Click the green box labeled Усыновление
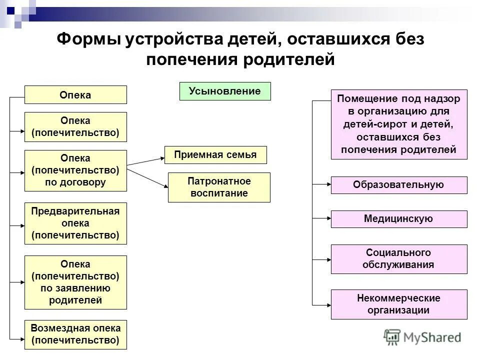pyautogui.click(x=225, y=91)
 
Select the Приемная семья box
pyautogui.click(x=215, y=155)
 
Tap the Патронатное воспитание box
pyautogui.click(x=219, y=187)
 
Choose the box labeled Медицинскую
pyautogui.click(x=399, y=219)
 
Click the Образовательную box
pyautogui.click(x=399, y=185)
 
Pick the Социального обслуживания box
pyautogui.click(x=399, y=259)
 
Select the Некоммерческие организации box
pyautogui.click(x=399, y=304)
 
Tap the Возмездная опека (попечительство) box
pyautogui.click(x=75, y=334)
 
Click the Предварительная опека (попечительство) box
pyautogui.click(x=75, y=223)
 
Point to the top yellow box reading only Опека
pyautogui.click(x=75, y=95)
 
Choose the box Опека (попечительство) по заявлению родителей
pyautogui.click(x=75, y=282)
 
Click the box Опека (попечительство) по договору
pyautogui.click(x=75, y=170)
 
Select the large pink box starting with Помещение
pyautogui.click(x=399, y=124)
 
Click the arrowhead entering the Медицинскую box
pyautogui.click(x=327, y=219)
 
